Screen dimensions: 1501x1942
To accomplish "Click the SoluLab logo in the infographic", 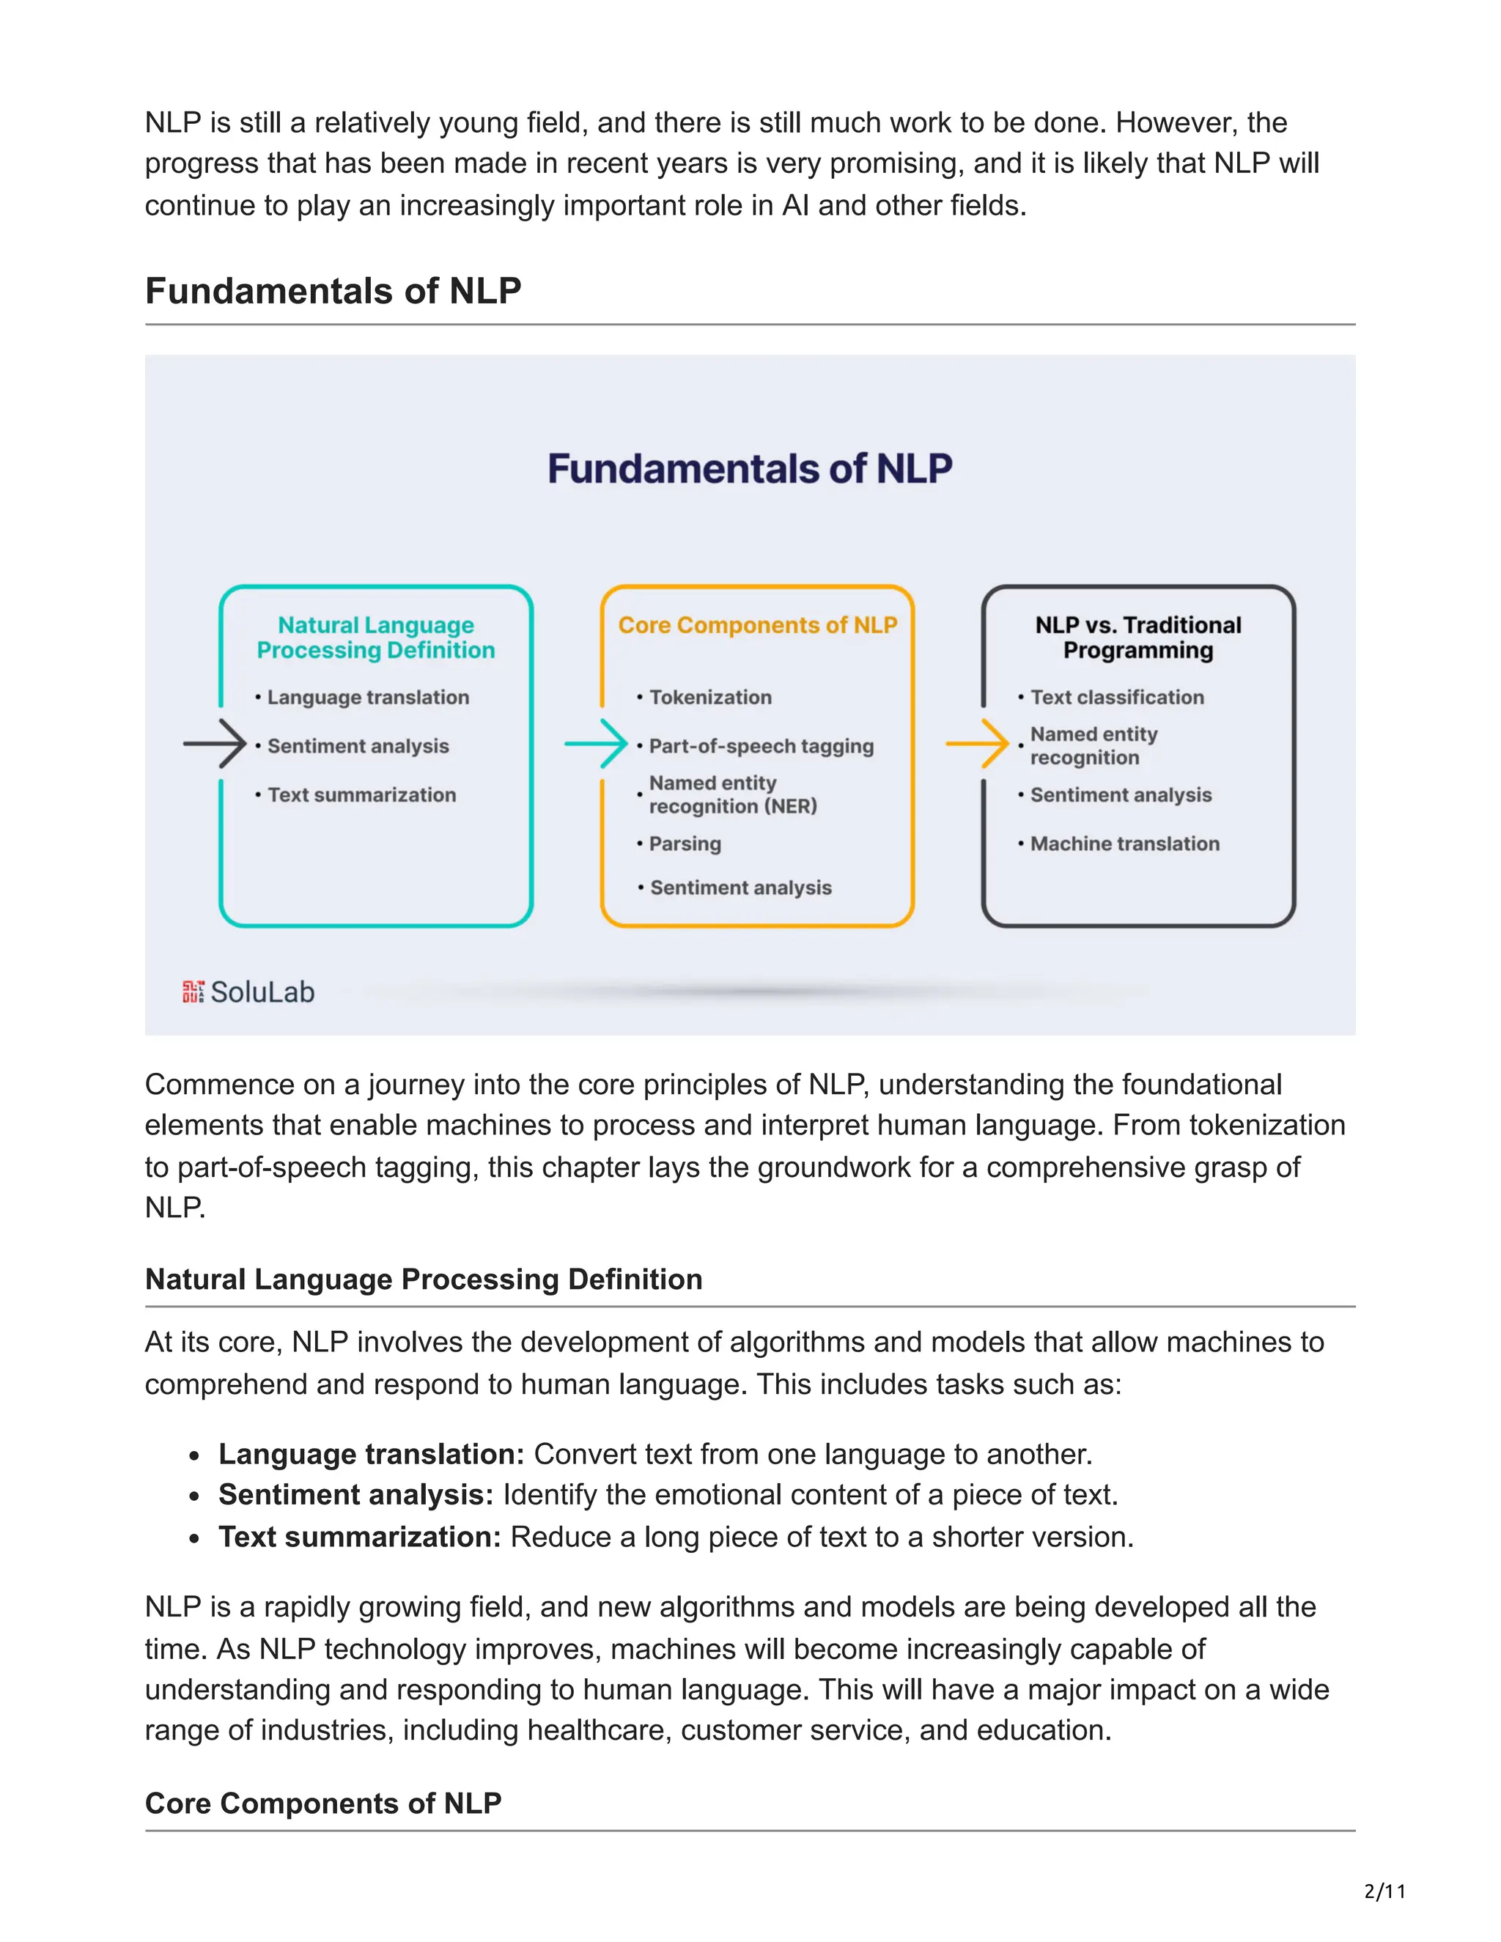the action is [x=248, y=992].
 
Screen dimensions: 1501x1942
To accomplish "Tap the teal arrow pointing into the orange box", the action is [x=597, y=743].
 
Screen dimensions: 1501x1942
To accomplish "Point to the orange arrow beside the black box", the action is [x=977, y=743].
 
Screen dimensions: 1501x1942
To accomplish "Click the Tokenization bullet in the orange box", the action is [x=709, y=697].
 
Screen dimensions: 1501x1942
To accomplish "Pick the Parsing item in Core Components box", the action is [x=685, y=843].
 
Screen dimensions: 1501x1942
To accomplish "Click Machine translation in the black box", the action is [x=1124, y=843].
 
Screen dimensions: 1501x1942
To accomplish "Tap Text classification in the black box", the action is [x=1117, y=697].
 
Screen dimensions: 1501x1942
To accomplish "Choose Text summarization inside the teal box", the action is [x=361, y=795].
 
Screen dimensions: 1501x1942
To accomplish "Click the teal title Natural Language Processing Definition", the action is [x=375, y=638].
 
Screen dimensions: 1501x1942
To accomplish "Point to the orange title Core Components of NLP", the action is [x=758, y=625].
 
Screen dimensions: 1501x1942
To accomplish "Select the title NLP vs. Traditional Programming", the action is [x=1138, y=638].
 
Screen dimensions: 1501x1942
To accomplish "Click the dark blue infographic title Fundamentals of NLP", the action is [x=750, y=468].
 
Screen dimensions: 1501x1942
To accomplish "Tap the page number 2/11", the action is [x=1384, y=1891].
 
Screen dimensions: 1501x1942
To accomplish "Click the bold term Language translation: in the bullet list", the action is [x=372, y=1454].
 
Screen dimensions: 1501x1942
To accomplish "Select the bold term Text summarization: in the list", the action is [x=360, y=1537].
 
